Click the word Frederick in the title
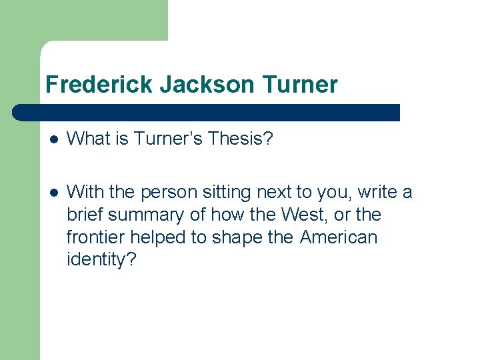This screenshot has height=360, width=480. tap(99, 85)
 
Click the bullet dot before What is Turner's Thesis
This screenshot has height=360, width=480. tap(54, 139)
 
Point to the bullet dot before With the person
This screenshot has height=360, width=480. tap(54, 193)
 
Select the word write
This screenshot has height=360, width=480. tap(379, 192)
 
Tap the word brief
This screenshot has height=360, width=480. tap(86, 215)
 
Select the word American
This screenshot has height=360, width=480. tap(338, 237)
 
